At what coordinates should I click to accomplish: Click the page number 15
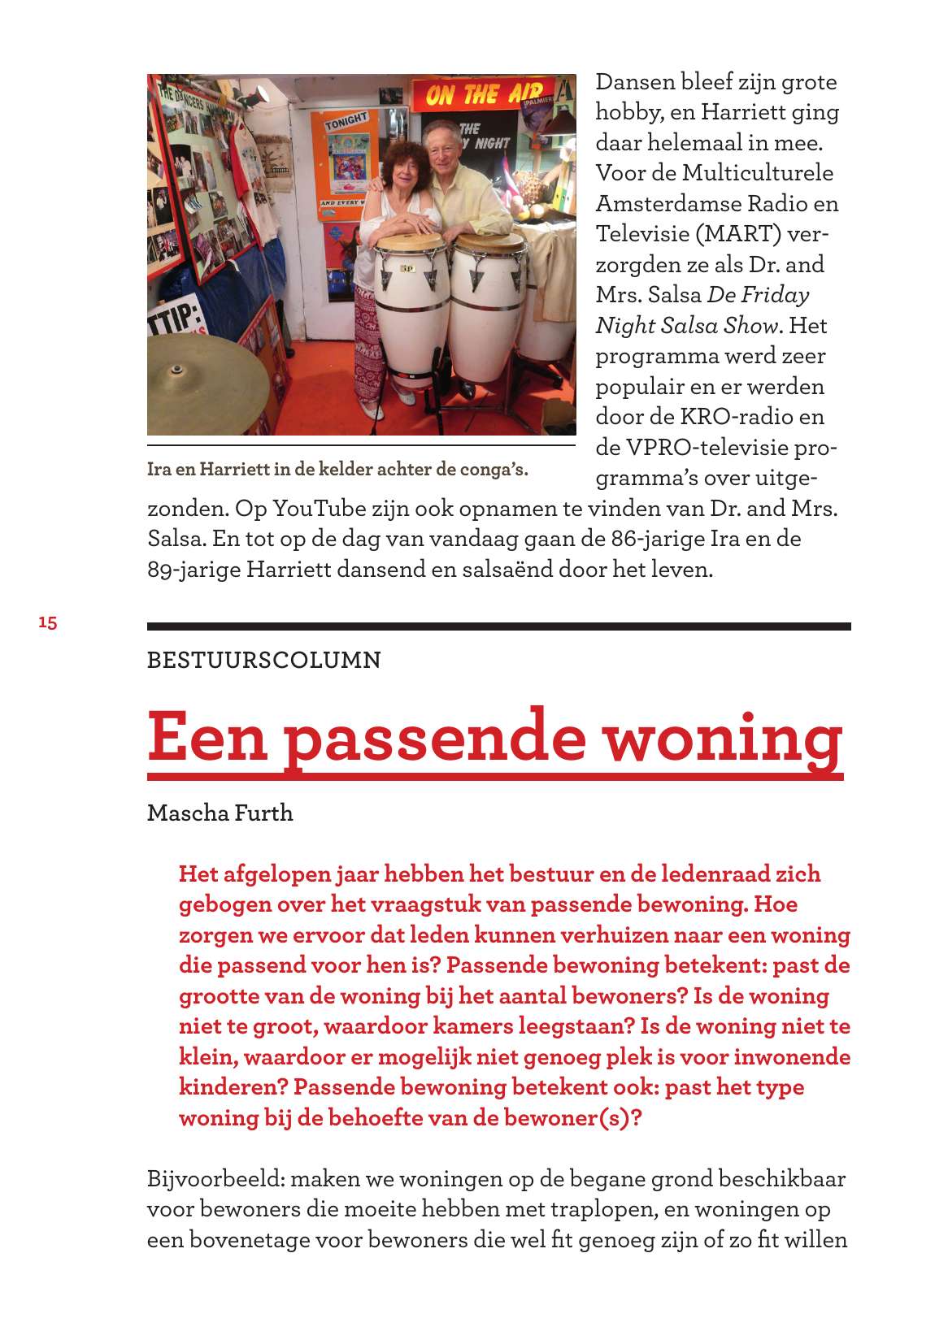[x=48, y=622]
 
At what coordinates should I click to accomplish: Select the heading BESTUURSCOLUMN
[x=263, y=660]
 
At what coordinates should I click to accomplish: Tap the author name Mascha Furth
[x=220, y=813]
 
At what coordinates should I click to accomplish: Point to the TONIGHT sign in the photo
[x=347, y=123]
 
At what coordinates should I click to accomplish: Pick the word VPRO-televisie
[x=704, y=447]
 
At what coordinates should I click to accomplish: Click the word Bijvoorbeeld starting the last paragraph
[x=215, y=1179]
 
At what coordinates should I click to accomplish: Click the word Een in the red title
[x=207, y=737]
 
